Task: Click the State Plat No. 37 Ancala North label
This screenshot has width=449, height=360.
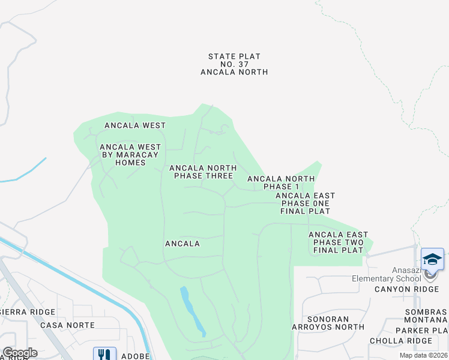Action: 234,64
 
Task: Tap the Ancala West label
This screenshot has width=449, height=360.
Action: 134,125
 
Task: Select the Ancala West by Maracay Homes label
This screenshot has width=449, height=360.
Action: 130,155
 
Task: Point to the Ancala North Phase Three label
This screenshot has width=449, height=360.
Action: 203,172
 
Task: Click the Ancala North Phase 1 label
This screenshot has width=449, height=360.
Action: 281,182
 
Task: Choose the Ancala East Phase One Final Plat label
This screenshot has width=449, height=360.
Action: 305,203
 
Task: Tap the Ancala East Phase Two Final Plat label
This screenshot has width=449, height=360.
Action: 339,242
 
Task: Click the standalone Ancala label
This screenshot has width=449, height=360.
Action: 182,244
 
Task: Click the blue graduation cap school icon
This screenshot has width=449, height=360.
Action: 432,259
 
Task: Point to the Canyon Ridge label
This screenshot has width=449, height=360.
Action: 408,289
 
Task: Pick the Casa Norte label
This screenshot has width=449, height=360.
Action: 68,325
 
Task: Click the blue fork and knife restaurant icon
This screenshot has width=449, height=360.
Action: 104,354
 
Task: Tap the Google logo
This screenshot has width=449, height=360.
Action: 20,353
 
